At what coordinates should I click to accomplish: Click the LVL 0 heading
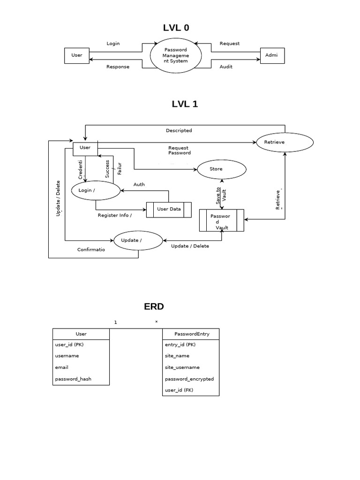(x=176, y=28)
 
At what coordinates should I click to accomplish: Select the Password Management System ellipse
(x=176, y=55)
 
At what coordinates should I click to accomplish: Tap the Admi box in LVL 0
(x=271, y=55)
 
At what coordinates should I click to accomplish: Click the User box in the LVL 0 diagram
(x=76, y=55)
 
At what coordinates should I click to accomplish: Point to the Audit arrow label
(x=226, y=67)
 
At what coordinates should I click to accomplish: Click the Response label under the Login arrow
(x=118, y=67)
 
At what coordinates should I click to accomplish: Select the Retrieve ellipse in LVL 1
(x=285, y=142)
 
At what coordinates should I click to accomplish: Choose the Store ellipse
(x=221, y=169)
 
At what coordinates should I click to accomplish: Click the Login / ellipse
(x=95, y=190)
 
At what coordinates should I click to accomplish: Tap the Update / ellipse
(x=138, y=240)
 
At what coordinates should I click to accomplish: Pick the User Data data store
(x=169, y=209)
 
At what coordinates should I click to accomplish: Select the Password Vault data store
(x=222, y=221)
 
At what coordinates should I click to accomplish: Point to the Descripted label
(x=179, y=131)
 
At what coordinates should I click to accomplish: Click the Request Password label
(x=180, y=150)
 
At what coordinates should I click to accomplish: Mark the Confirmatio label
(x=91, y=250)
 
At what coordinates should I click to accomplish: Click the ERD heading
(x=154, y=307)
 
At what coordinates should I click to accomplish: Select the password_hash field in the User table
(x=73, y=379)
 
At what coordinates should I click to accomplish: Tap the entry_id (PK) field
(x=180, y=345)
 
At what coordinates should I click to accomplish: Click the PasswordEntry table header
(x=190, y=334)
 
